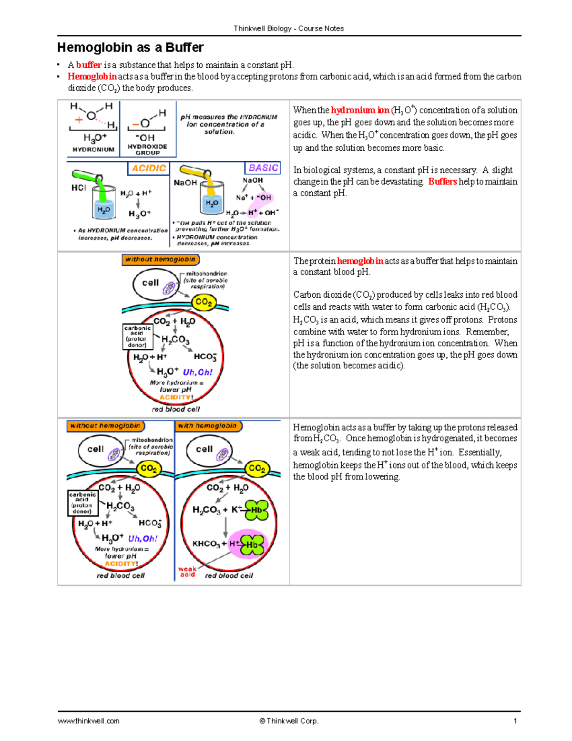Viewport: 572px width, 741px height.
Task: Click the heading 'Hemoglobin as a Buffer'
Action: tap(130, 48)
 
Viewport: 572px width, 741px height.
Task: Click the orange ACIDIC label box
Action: tap(149, 168)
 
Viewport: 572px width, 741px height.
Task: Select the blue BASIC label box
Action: tap(263, 168)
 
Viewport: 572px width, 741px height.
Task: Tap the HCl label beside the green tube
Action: tap(78, 188)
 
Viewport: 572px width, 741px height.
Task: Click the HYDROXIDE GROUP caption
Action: tap(147, 149)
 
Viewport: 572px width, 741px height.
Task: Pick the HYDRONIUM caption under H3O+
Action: tap(93, 149)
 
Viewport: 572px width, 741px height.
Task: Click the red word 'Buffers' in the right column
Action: tap(442, 181)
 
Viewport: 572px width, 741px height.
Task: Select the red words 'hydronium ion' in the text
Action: tap(360, 110)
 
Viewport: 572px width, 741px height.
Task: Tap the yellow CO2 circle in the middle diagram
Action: tap(204, 302)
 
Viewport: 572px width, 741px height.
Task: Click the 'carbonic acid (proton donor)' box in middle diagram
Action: tap(137, 336)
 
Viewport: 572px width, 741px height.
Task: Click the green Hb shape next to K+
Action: tap(257, 510)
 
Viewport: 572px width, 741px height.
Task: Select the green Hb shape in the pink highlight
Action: tap(252, 544)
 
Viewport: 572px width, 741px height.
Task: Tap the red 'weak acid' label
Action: tap(187, 572)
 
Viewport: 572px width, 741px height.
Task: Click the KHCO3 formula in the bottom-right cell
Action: tap(206, 544)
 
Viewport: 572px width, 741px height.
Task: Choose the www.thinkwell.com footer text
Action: tap(89, 721)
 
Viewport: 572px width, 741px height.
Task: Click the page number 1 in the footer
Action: tap(515, 721)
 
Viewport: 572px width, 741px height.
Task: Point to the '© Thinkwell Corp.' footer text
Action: tap(289, 721)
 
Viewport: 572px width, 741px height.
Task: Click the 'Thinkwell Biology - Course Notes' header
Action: tap(289, 29)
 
